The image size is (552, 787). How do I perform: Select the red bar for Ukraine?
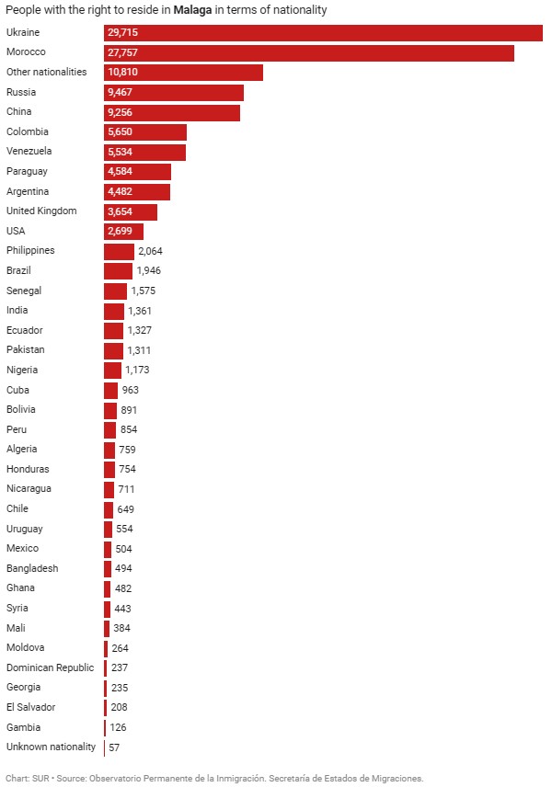[322, 32]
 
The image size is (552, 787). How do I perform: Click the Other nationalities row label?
[46, 72]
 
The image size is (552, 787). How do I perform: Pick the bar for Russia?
[174, 92]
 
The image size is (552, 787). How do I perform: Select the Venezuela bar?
[144, 152]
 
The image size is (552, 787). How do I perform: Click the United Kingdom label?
[41, 211]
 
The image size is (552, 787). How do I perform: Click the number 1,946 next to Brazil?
[148, 270]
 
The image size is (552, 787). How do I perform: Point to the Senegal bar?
[115, 291]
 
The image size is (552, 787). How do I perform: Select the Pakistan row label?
[25, 349]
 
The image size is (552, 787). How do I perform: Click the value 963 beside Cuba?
[130, 390]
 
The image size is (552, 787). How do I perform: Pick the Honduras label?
[28, 469]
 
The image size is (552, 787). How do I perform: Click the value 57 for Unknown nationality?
[114, 747]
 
